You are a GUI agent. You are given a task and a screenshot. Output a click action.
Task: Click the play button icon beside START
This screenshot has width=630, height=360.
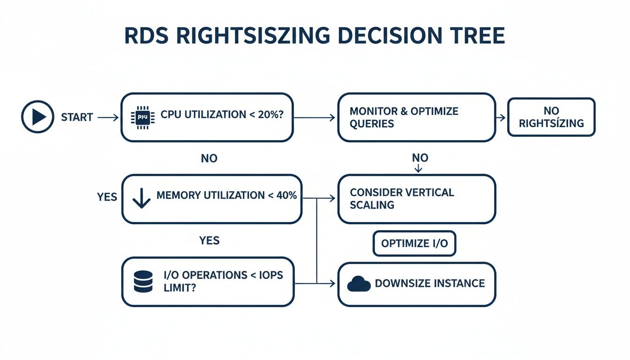pyautogui.click(x=37, y=117)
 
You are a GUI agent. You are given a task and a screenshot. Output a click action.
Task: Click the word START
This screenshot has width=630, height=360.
pyautogui.click(x=77, y=117)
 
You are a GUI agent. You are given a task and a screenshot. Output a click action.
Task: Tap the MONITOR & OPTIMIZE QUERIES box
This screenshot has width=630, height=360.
pyautogui.click(x=416, y=117)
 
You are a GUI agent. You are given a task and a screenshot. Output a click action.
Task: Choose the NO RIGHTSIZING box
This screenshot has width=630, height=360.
pyautogui.click(x=551, y=117)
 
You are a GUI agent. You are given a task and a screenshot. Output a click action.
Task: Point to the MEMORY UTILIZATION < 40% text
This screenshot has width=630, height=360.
pyautogui.click(x=226, y=195)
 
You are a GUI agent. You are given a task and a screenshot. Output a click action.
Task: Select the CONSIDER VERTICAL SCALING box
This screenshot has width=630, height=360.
pyautogui.click(x=416, y=199)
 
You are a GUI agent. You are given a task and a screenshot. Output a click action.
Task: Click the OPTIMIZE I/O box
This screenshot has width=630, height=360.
pyautogui.click(x=414, y=243)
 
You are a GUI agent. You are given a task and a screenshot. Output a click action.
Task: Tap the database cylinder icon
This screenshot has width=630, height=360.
pyautogui.click(x=143, y=282)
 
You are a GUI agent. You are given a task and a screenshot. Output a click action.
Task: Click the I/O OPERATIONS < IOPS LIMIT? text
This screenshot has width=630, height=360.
pyautogui.click(x=223, y=281)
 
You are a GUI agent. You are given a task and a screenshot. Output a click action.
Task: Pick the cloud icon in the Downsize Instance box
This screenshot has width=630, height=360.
pyautogui.click(x=358, y=284)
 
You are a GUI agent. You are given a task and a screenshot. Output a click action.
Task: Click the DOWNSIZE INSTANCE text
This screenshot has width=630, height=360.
pyautogui.click(x=430, y=284)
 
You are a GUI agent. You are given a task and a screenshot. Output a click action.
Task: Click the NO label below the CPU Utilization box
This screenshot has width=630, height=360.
pyautogui.click(x=209, y=158)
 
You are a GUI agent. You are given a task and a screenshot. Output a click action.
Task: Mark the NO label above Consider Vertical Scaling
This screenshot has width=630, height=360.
pyautogui.click(x=420, y=158)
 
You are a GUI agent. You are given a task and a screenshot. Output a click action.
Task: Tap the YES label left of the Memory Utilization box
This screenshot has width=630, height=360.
pyautogui.click(x=107, y=197)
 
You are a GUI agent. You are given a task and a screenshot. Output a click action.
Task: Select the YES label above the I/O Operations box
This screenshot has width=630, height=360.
pyautogui.click(x=209, y=240)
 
